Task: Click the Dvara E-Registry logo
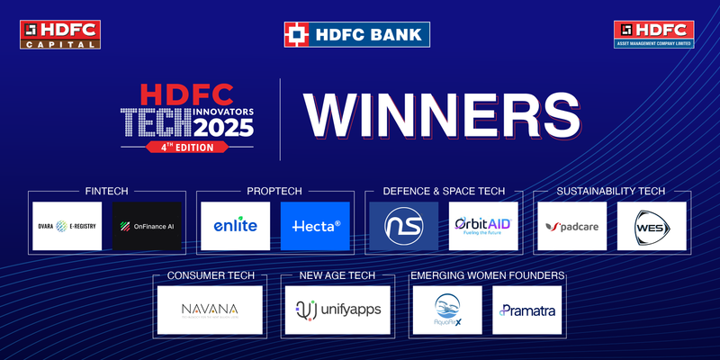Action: [x=68, y=226]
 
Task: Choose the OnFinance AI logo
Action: [x=148, y=226]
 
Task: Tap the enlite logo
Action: [x=236, y=226]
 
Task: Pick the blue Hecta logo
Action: [x=315, y=226]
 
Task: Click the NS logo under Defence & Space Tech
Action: [x=404, y=226]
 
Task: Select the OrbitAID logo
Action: [x=484, y=226]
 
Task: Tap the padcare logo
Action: [x=572, y=226]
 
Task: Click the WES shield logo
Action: [x=652, y=226]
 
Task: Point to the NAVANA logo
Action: [x=209, y=310]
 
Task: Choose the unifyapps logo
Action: [x=337, y=310]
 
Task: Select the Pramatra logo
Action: [x=526, y=310]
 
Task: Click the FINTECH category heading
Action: [x=107, y=192]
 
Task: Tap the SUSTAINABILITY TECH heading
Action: [x=611, y=192]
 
